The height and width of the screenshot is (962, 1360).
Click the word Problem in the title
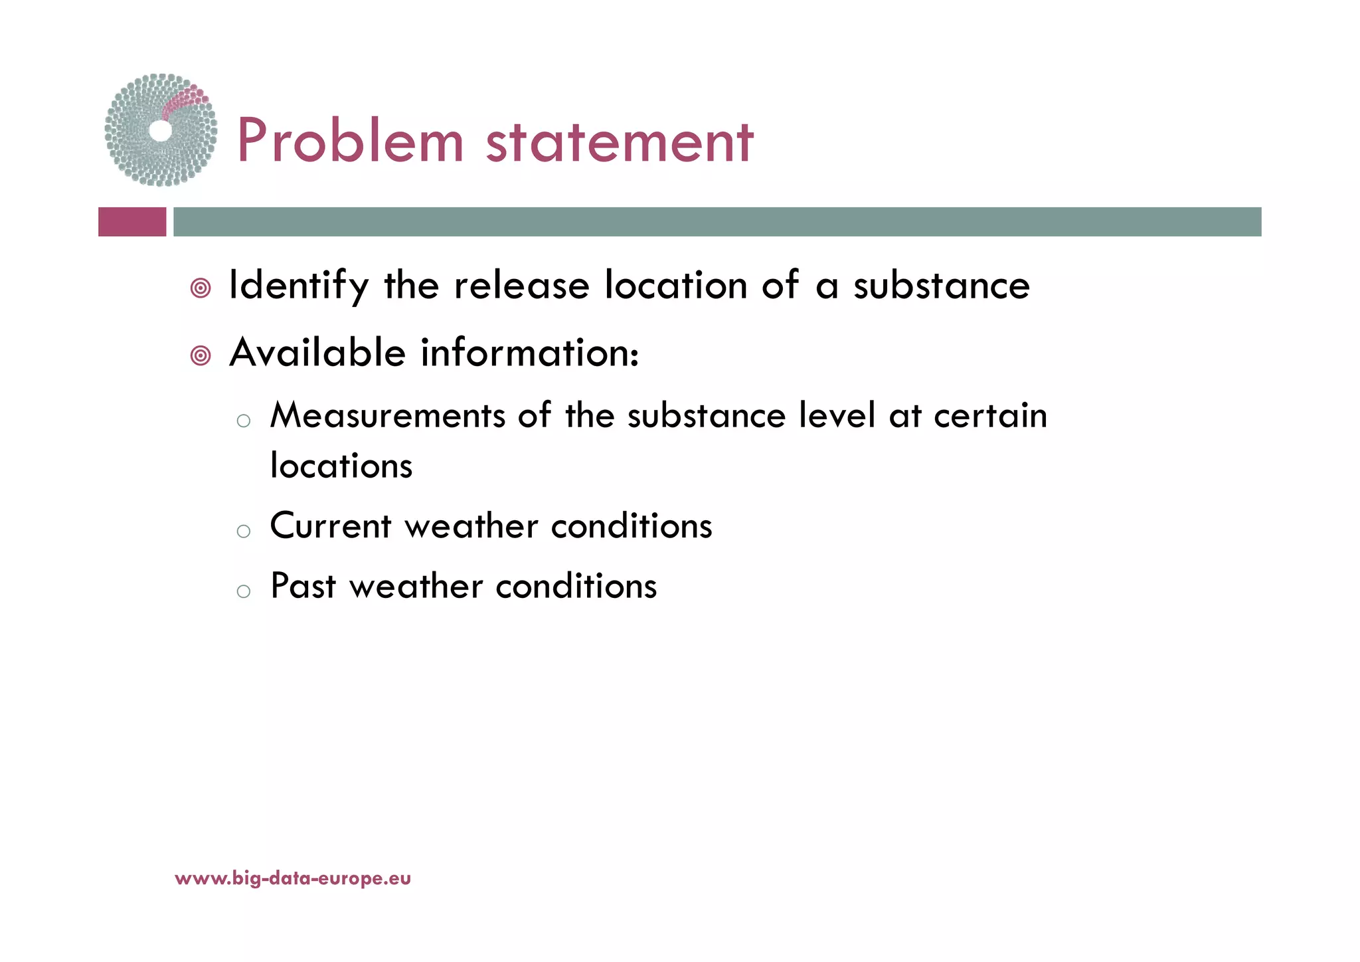[x=350, y=141]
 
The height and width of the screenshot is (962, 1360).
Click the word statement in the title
[x=620, y=142]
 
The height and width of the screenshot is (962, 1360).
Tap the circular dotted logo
[x=161, y=130]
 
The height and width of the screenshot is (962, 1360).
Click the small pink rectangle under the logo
[x=132, y=222]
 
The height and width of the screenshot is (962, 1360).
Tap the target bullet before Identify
[x=201, y=288]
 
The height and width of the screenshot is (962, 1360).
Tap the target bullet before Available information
[x=201, y=356]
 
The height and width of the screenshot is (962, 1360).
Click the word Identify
[x=298, y=286]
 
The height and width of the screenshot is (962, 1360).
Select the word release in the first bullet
[x=521, y=286]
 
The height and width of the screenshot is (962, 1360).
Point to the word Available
[x=317, y=352]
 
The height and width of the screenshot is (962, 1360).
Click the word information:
[x=530, y=352]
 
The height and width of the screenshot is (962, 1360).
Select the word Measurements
[x=388, y=417]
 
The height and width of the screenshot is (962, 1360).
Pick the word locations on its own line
[x=341, y=466]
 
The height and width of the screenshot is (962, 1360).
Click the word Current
[x=331, y=526]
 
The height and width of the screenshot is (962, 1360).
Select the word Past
[x=303, y=587]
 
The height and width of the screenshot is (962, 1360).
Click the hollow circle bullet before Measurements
[x=244, y=421]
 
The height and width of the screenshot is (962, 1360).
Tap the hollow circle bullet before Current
[x=244, y=531]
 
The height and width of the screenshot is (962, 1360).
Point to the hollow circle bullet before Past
[x=244, y=591]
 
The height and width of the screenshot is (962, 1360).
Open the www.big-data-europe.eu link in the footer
[x=293, y=879]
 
